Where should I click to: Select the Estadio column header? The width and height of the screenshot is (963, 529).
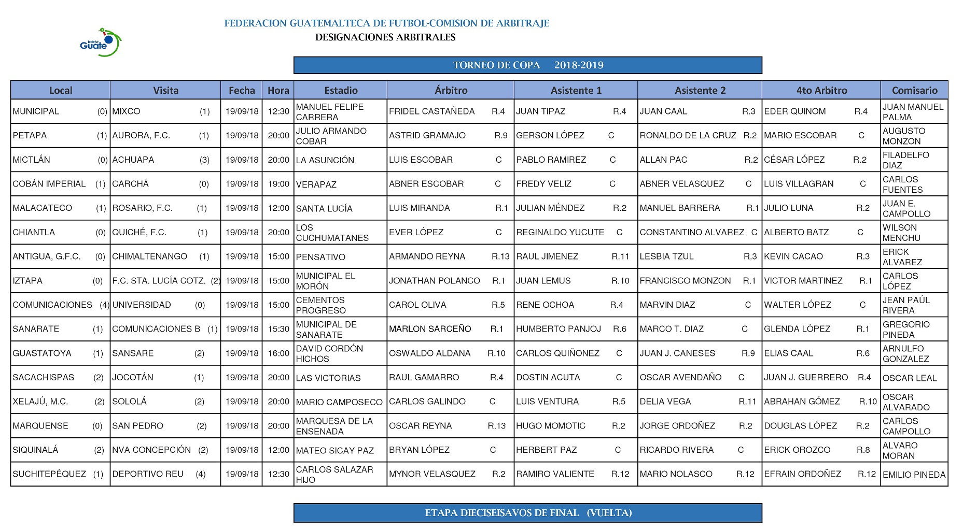341,90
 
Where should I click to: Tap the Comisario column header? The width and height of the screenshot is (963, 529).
914,90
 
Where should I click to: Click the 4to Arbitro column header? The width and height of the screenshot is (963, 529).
821,90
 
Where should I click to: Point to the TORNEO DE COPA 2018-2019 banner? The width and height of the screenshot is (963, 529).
527,65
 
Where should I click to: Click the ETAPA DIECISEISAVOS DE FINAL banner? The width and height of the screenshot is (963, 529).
527,513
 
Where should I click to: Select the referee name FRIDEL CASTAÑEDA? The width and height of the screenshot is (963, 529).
431,111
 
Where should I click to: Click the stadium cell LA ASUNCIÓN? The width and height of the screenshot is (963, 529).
325,160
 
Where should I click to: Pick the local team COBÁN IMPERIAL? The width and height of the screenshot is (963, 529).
49,184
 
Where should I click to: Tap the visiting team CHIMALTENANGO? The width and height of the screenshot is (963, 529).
149,256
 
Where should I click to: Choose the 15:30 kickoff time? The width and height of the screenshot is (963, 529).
278,329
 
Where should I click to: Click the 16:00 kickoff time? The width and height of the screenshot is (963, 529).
278,353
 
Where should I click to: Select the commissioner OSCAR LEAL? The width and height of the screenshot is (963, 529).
910,378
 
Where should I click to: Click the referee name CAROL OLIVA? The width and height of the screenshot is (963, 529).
417,305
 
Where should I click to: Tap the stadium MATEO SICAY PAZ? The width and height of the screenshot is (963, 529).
335,450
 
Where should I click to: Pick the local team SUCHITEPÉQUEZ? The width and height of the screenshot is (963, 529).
49,474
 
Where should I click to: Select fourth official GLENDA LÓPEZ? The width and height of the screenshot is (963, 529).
797,329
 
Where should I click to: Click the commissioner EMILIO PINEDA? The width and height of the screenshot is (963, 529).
914,474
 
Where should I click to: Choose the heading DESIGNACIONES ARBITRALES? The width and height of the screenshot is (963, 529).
385,37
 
